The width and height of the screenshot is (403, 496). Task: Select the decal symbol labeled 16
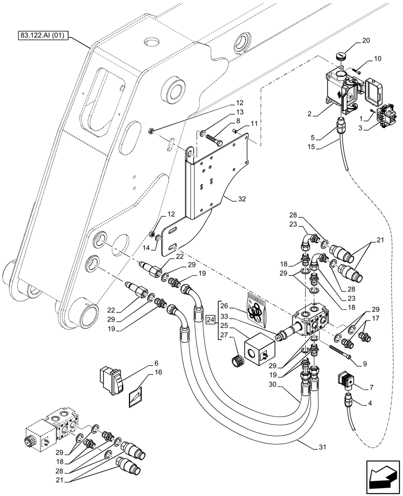click(135, 397)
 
